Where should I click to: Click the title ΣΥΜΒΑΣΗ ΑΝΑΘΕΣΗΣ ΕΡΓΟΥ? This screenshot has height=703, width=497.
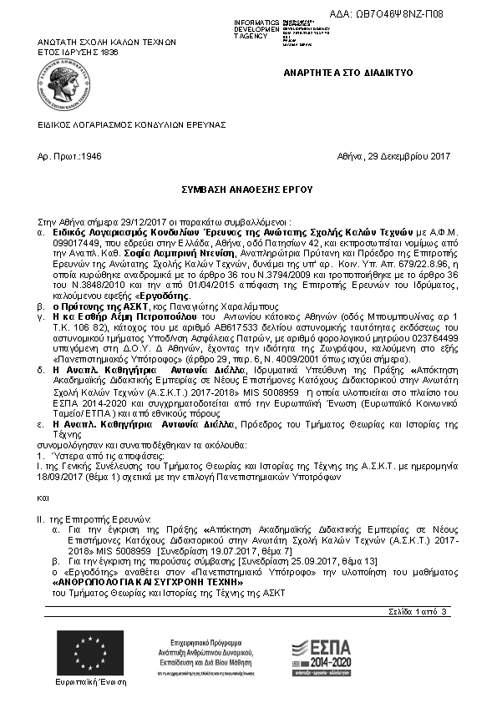tap(247, 190)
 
